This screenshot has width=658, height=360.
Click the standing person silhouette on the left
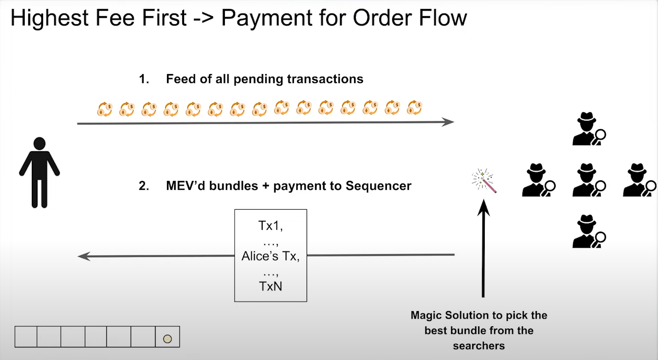39,172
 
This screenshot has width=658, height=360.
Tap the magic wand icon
484,180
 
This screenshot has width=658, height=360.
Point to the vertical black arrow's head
483,205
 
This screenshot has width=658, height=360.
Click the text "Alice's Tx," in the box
270,256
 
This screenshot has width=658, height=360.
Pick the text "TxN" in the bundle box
270,285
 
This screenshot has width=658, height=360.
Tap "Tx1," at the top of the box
270,226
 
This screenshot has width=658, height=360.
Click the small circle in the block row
167,339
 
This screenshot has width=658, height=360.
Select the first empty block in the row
26,337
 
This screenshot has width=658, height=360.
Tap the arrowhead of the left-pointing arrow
83,256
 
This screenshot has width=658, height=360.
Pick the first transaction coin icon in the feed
104,109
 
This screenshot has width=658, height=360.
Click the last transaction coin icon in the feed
414,108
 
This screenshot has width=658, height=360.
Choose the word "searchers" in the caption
478,346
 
